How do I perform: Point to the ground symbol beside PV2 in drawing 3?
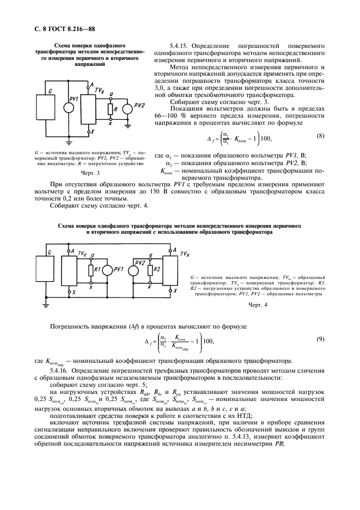127,126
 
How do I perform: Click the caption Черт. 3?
90,173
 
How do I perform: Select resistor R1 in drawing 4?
90,270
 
